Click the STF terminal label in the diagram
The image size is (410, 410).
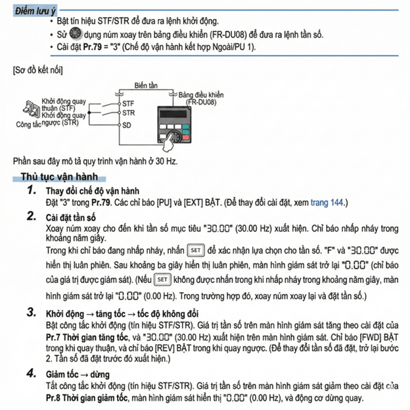pyautogui.click(x=128, y=103)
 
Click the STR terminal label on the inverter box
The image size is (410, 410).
pyautogui.click(x=128, y=113)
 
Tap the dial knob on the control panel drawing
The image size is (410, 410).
pyautogui.click(x=174, y=139)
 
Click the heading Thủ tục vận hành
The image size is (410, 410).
pyautogui.click(x=59, y=176)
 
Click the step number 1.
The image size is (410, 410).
pyautogui.click(x=32, y=190)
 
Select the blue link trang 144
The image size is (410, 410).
pyautogui.click(x=327, y=203)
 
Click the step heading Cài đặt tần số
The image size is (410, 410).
pyautogui.click(x=71, y=217)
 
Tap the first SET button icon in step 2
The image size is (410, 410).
pyautogui.click(x=195, y=251)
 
